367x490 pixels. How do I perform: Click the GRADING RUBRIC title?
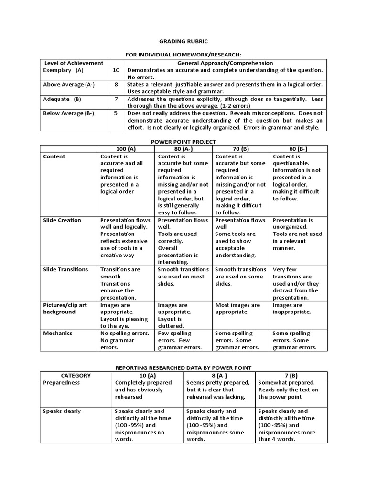tap(183, 42)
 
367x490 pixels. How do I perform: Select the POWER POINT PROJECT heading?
tap(183, 142)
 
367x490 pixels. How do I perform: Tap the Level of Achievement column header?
tap(74, 63)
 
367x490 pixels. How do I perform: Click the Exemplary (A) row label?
tap(63, 70)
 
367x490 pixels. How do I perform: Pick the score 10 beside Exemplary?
tap(116, 70)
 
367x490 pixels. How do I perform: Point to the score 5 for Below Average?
tap(116, 113)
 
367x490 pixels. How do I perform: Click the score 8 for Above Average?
tap(116, 84)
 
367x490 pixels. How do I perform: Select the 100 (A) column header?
tap(126, 149)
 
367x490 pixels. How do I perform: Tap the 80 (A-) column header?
tap(183, 149)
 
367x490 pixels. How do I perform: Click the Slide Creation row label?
tap(62, 220)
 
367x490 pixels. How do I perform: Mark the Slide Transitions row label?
tap(65, 269)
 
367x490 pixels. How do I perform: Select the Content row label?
tap(54, 156)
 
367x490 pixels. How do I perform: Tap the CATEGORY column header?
tap(76, 376)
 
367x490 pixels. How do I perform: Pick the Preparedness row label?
tap(61, 383)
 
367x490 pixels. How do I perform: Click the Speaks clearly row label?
tap(62, 411)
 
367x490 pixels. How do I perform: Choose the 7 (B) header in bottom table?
tap(291, 376)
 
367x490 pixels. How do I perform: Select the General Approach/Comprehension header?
tap(225, 63)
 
